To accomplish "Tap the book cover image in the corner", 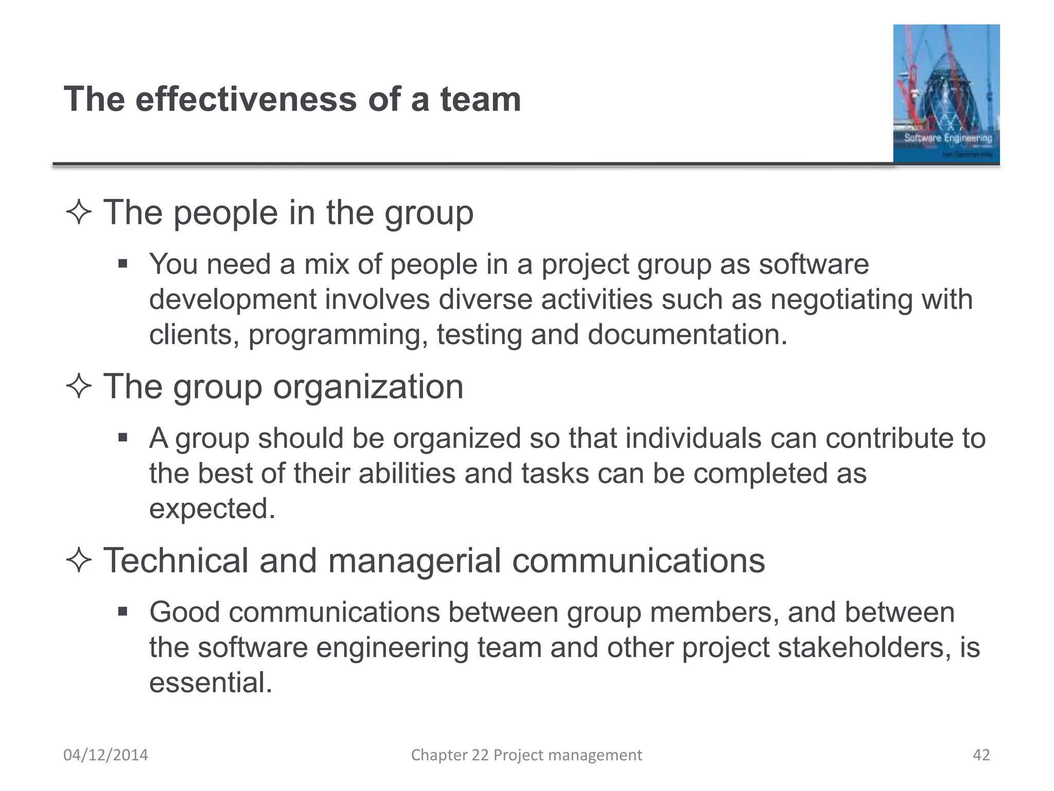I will point(946,94).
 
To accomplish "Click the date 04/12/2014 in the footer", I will point(106,755).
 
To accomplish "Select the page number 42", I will point(981,755).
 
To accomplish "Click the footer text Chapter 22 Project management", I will point(526,755).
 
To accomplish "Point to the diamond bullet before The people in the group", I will point(79,213).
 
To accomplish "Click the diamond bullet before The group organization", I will point(79,386).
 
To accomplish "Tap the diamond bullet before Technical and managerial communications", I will point(79,560).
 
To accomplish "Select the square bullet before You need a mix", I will point(122,264).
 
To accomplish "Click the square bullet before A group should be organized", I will point(122,438).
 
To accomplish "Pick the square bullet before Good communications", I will point(122,612).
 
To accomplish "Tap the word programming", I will point(338,335).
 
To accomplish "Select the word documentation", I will point(687,335).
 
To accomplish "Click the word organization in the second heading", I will point(368,387).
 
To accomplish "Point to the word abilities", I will point(407,473).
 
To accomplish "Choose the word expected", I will point(212,509).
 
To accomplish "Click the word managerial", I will point(414,560).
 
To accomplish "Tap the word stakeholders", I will point(864,647).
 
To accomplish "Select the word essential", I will point(210,682).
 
